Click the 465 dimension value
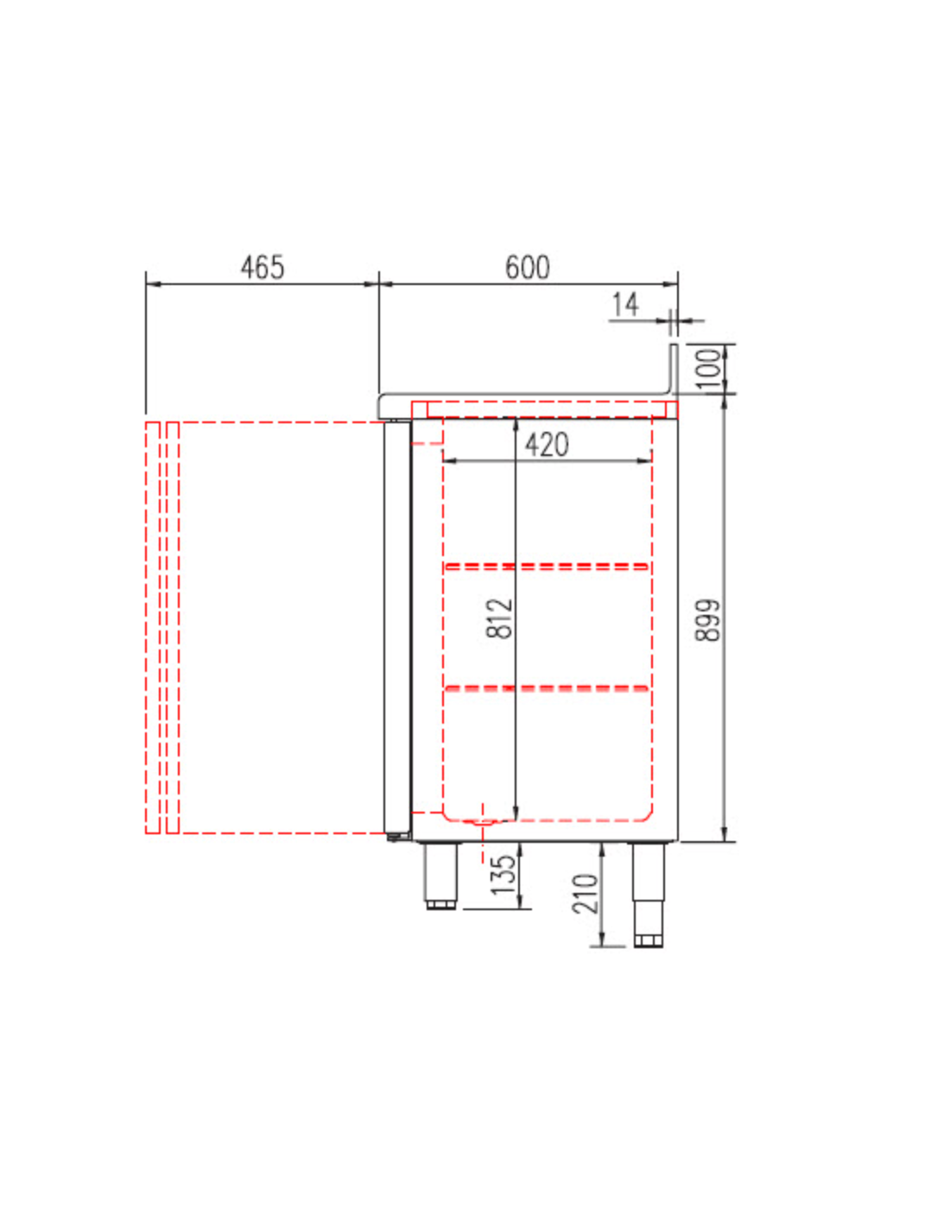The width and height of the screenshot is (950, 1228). tap(262, 267)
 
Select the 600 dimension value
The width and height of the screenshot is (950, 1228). tap(527, 267)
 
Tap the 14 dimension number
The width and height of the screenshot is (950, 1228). tap(625, 305)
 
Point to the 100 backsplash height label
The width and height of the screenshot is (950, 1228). tap(707, 367)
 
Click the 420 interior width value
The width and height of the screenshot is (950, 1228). tap(547, 445)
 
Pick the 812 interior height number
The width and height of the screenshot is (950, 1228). tap(500, 618)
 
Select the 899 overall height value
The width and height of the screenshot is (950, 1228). tap(707, 619)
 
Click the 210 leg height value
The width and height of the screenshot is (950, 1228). tap(586, 894)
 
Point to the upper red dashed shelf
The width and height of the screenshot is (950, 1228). tap(547, 567)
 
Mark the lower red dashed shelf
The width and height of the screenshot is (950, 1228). tap(547, 688)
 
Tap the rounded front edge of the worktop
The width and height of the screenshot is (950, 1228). tap(384, 404)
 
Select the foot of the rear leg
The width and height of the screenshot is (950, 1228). tap(648, 939)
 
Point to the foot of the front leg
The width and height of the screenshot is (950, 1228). tap(441, 904)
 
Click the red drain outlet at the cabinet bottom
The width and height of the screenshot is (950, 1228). tap(483, 821)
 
